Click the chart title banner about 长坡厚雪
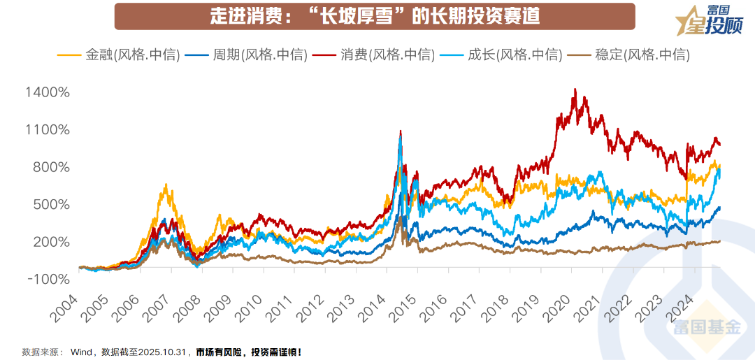point(375,16)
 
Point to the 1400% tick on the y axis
point(47,92)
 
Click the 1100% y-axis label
point(47,130)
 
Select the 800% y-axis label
point(50,168)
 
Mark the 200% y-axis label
point(50,243)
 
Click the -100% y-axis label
point(48,280)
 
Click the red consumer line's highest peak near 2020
point(575,89)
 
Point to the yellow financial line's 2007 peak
point(166,185)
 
